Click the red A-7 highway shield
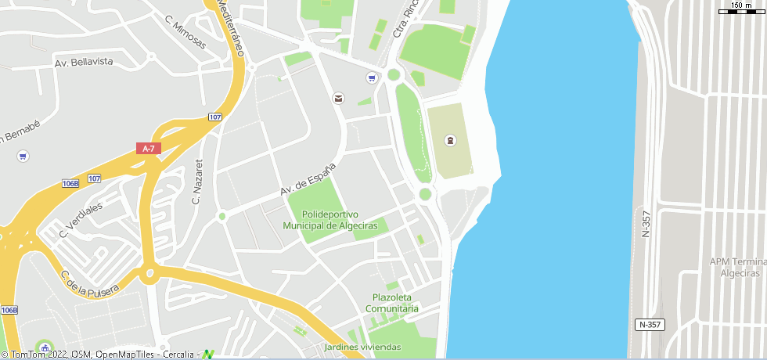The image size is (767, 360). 147,148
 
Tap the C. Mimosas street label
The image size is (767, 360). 185,33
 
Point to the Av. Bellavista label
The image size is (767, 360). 84,61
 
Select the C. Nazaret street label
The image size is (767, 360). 197,182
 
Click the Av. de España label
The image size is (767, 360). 308,180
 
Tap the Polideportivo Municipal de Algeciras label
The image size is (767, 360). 329,220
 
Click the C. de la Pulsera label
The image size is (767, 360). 90,283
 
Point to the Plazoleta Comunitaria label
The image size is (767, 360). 395,303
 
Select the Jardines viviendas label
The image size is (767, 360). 362,347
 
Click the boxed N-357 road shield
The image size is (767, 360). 650,324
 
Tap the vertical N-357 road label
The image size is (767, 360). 646,224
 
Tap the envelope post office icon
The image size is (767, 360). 338,98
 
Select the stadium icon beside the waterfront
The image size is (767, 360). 450,140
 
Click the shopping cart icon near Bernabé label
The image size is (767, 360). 23,156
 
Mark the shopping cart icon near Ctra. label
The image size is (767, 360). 371,77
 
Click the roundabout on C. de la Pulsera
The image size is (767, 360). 148,274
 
